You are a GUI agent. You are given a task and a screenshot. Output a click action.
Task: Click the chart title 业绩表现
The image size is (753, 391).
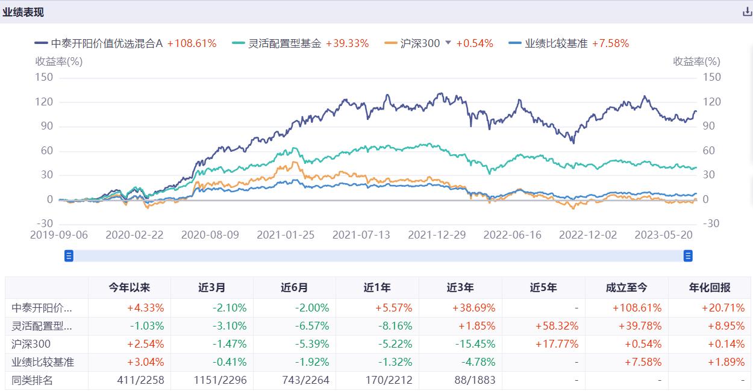[x=23, y=12]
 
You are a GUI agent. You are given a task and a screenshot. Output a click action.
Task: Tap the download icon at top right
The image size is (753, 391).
[x=747, y=12]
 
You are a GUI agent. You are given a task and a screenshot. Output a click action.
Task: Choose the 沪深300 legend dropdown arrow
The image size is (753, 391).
[x=448, y=43]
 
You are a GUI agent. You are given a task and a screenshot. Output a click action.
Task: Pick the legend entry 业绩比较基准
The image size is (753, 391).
[x=548, y=43]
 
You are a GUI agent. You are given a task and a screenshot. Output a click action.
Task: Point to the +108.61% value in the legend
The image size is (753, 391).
[x=192, y=43]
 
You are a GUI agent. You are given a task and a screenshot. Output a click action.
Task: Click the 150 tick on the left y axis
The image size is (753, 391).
[x=45, y=77]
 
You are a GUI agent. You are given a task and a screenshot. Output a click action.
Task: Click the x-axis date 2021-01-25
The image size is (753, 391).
[x=286, y=235]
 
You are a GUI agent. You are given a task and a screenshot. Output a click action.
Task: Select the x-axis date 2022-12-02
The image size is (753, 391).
[x=588, y=235]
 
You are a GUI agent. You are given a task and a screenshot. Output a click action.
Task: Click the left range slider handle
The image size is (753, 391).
[x=69, y=256]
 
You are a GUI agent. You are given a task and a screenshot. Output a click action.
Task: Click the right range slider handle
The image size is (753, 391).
[x=688, y=256]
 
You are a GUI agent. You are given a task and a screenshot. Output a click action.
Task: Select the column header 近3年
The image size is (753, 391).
[x=460, y=288]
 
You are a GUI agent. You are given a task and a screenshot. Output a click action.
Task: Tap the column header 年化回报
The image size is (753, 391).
[x=708, y=288]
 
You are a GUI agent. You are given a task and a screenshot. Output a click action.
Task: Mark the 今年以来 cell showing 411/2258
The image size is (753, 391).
[x=136, y=380]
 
